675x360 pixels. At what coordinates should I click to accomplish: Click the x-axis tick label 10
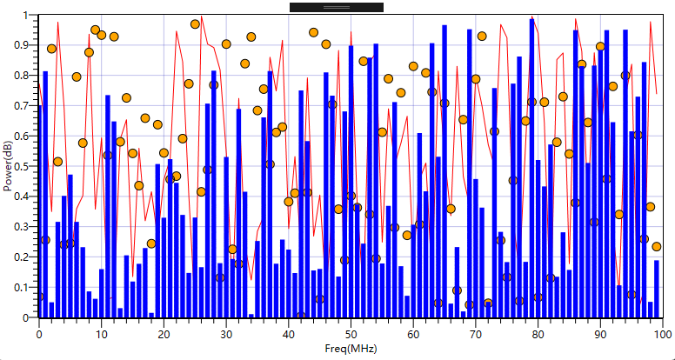pos(101,334)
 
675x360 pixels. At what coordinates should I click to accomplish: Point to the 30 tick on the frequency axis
pos(226,334)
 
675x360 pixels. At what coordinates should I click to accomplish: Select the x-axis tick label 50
pos(351,334)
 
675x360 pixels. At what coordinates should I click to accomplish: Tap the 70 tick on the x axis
pos(475,334)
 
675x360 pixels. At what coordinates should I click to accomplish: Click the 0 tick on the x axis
pos(39,334)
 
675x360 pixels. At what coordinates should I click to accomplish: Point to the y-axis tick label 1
pos(30,16)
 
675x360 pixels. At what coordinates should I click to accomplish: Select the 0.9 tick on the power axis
pos(26,45)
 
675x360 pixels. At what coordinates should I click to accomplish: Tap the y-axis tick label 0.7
pos(26,105)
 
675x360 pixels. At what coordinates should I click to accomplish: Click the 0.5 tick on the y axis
pos(26,166)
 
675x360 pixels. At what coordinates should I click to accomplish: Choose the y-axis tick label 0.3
pos(26,227)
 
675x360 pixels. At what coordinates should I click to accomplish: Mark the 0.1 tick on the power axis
pos(26,287)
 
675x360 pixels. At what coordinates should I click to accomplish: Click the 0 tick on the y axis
pos(30,317)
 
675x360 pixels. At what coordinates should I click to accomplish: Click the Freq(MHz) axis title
pos(349,350)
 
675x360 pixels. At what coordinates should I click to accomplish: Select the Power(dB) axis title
pos(8,166)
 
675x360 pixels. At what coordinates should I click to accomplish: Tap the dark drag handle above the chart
pos(337,7)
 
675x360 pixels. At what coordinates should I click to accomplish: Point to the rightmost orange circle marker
pos(657,247)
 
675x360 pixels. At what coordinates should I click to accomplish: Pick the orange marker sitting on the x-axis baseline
pos(301,317)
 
